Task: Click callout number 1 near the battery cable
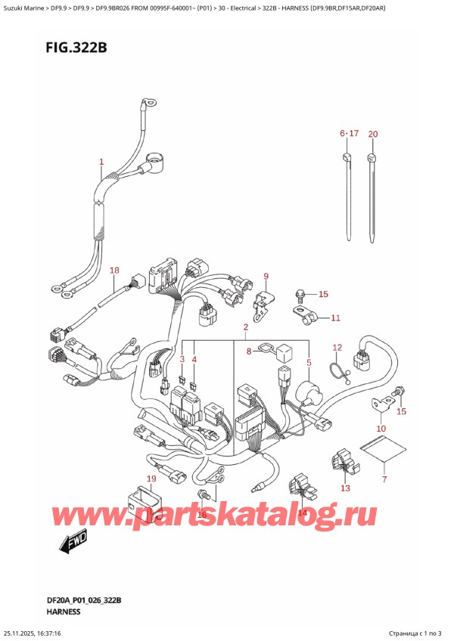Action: coord(102,162)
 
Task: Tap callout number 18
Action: coord(114,270)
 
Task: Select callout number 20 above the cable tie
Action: coord(372,134)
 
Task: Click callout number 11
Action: coord(336,318)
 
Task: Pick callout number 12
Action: coord(337,347)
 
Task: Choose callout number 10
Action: coord(381,429)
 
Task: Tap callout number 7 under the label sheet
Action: coord(384,479)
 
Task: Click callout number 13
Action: coord(346,488)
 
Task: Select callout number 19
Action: coord(151,478)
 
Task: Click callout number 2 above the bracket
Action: coord(245,328)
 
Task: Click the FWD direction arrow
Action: coord(72,540)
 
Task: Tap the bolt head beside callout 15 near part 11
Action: coord(300,293)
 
